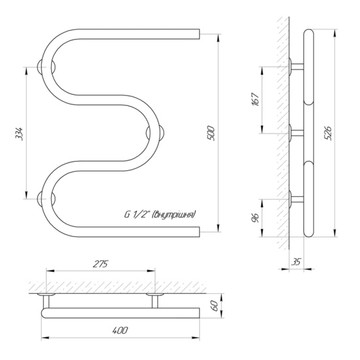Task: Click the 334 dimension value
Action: (19, 134)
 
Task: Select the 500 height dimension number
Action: (211, 133)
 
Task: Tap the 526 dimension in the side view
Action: (329, 133)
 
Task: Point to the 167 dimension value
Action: (255, 99)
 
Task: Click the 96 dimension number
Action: (255, 218)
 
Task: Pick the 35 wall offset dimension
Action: (297, 262)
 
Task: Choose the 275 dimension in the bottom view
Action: (100, 264)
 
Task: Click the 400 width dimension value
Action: (120, 331)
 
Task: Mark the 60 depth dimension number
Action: (215, 306)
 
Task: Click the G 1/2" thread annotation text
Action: (160, 215)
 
